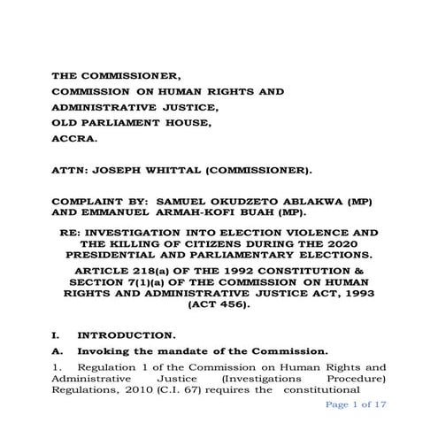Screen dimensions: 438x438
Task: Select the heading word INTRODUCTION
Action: pyautogui.click(x=125, y=336)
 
